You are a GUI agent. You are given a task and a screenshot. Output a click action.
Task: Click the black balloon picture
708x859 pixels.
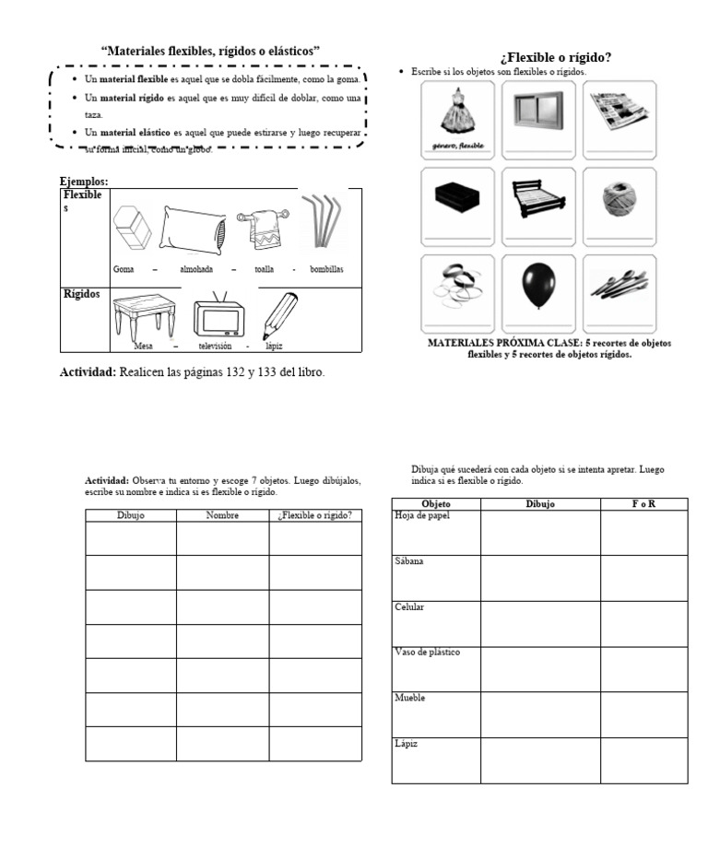point(538,287)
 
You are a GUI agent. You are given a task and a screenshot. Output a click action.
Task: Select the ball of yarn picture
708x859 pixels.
point(619,199)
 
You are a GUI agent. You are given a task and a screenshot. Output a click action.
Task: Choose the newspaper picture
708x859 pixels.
point(619,111)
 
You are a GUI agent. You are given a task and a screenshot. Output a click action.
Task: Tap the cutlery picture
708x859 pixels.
point(619,287)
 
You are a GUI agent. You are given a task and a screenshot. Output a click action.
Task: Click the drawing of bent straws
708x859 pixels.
point(322,221)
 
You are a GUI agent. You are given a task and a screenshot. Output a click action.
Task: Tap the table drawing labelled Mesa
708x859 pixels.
point(144,313)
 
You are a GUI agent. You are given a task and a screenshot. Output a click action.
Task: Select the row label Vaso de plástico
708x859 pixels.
point(427,653)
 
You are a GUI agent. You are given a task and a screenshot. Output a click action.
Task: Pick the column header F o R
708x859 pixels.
point(643,504)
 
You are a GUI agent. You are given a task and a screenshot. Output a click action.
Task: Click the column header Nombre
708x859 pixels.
point(222,515)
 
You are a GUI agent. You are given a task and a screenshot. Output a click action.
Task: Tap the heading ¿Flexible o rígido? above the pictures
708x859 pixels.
point(556,57)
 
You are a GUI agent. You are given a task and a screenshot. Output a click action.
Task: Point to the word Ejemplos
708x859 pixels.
point(84,182)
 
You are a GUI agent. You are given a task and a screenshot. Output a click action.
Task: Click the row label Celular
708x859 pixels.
point(409,607)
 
